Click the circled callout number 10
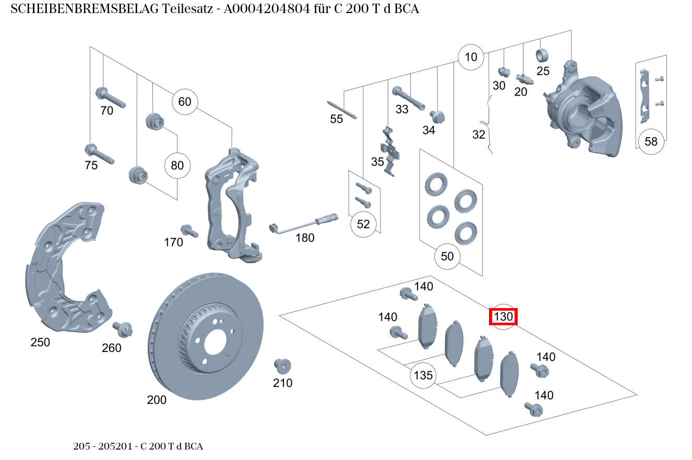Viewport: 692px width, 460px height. click(x=471, y=57)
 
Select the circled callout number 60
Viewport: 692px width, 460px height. click(x=185, y=101)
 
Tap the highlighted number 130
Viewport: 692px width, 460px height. click(x=503, y=316)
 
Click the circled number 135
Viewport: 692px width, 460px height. click(x=423, y=375)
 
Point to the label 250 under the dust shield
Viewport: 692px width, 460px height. click(x=40, y=343)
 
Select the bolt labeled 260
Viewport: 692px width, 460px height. click(x=123, y=329)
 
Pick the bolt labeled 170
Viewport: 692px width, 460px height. click(x=188, y=231)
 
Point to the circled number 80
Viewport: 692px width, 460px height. click(x=177, y=166)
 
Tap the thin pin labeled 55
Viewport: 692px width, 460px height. click(x=342, y=110)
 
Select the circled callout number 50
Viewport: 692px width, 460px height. click(x=447, y=256)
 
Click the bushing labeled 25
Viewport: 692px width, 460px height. click(x=542, y=54)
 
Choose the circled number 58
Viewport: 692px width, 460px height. click(x=651, y=141)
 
